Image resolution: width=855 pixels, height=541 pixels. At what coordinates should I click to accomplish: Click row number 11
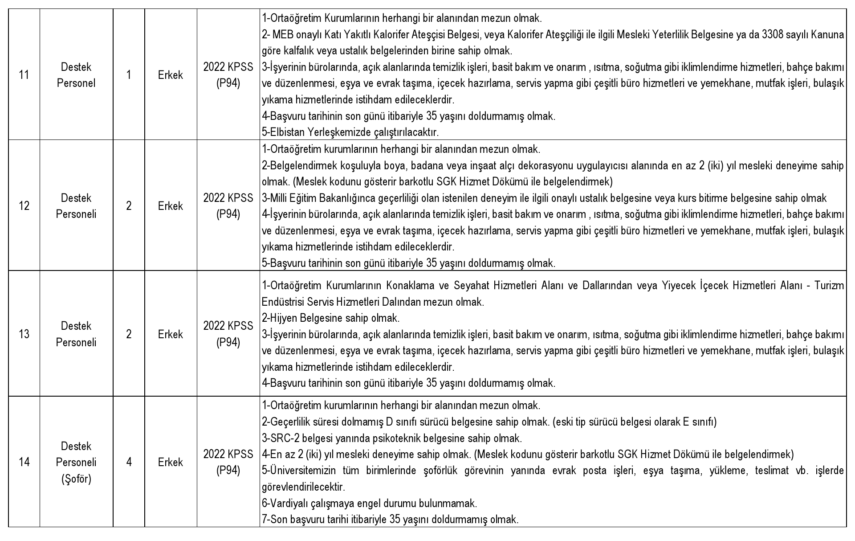24,75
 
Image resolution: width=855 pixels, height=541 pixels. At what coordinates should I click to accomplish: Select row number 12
24,206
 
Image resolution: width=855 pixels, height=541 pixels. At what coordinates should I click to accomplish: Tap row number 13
24,334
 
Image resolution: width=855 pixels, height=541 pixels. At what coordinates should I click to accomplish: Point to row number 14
24,462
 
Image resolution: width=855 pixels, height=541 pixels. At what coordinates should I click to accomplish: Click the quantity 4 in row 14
129,462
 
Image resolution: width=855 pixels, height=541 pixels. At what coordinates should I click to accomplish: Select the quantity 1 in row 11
129,75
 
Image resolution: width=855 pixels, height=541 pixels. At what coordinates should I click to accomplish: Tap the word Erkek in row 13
171,334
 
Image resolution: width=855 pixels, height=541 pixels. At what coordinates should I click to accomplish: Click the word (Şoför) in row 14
76,479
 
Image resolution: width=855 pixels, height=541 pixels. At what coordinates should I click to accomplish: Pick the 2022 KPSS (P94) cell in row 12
228,206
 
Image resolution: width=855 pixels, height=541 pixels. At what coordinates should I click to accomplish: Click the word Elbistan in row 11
281,132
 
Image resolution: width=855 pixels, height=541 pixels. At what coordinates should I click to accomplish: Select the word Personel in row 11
76,83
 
